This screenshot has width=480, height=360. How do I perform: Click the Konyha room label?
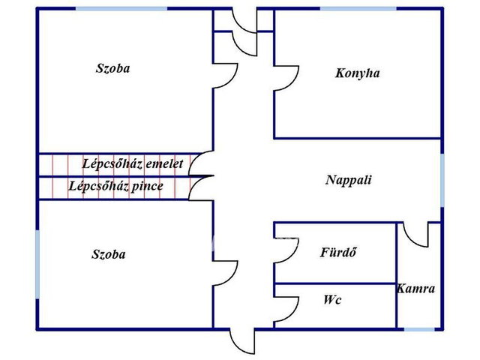point(357,73)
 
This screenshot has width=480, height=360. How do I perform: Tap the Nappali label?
point(348,180)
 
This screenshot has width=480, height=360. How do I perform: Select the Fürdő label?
point(338,252)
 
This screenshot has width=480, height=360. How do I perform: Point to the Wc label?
point(332,300)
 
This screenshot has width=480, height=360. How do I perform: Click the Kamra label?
point(415,289)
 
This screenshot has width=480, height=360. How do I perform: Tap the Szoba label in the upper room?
point(113,68)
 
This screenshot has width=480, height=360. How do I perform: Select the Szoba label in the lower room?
point(109,254)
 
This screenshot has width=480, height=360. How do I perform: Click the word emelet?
point(164,164)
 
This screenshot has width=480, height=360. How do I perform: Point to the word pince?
point(147,187)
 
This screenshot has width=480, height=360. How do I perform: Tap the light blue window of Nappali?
point(442,180)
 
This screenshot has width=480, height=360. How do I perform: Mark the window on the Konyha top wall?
point(358,8)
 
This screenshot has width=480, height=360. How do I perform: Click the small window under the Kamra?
point(419,329)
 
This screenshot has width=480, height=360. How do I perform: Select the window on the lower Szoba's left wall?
point(37,264)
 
